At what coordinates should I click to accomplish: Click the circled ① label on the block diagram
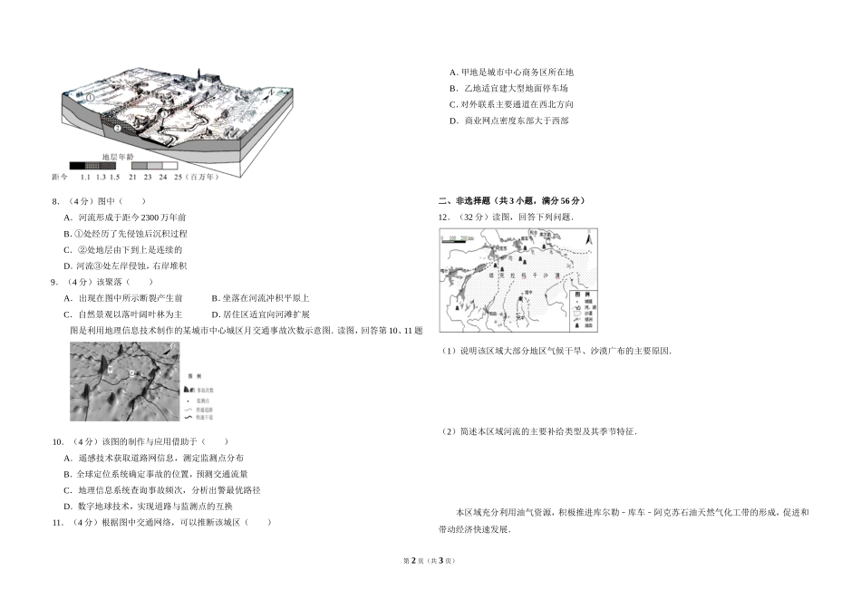click(90, 96)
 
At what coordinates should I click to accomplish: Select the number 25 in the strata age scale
click(179, 178)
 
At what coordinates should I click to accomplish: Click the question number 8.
click(55, 201)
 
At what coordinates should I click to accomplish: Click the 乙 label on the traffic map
click(131, 373)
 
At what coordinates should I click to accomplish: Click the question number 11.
click(57, 522)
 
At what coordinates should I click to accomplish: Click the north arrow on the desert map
click(590, 239)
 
